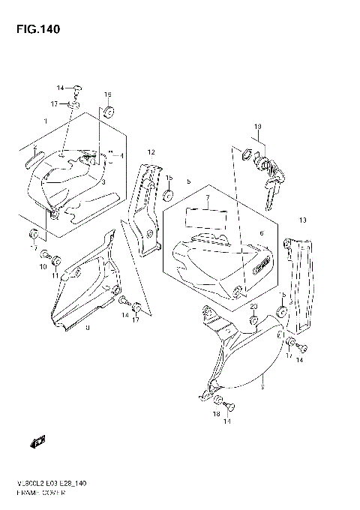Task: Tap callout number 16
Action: [x=107, y=94]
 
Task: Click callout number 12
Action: [x=151, y=152]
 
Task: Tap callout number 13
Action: [x=304, y=220]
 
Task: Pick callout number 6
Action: [x=262, y=233]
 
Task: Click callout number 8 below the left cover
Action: [x=88, y=328]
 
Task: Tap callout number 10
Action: [x=43, y=266]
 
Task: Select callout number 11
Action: [x=55, y=277]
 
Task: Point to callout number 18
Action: [x=215, y=413]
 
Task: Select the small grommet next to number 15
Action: [x=168, y=196]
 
